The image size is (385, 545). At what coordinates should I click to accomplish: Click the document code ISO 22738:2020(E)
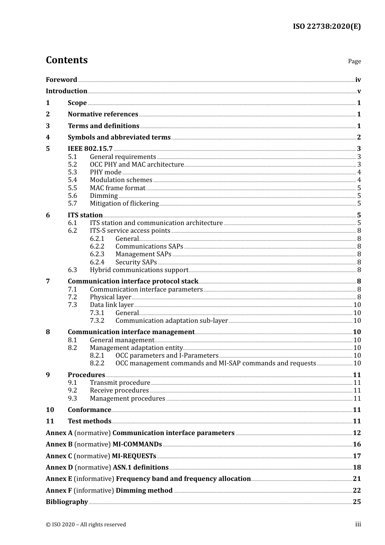[327, 27]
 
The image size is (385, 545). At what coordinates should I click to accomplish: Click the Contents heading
[67, 60]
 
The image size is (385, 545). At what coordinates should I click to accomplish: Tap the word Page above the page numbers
[354, 61]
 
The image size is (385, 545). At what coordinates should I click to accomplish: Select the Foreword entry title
[61, 80]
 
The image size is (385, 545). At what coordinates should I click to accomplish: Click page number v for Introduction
[359, 91]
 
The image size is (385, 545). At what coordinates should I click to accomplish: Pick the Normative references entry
[103, 114]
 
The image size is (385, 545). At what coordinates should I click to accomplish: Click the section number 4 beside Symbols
[48, 137]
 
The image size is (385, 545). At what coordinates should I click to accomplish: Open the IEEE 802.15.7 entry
[90, 149]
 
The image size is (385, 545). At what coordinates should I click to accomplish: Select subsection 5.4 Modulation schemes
[121, 180]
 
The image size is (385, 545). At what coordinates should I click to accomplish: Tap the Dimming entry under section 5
[104, 196]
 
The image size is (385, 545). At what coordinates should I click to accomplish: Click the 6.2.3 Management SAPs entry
[143, 254]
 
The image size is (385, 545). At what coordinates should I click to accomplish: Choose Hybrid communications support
[139, 270]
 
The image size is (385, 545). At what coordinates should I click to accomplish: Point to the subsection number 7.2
[72, 297]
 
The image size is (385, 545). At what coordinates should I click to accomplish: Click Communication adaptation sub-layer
[171, 321]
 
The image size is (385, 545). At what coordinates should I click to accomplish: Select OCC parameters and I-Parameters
[167, 356]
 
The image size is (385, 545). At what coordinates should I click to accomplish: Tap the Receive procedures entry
[119, 391]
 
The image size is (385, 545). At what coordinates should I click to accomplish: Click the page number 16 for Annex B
[357, 444]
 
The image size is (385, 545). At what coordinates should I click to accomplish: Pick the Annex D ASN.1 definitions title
[140, 468]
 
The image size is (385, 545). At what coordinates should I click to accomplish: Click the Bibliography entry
[67, 502]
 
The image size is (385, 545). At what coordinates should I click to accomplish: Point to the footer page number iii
[358, 524]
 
